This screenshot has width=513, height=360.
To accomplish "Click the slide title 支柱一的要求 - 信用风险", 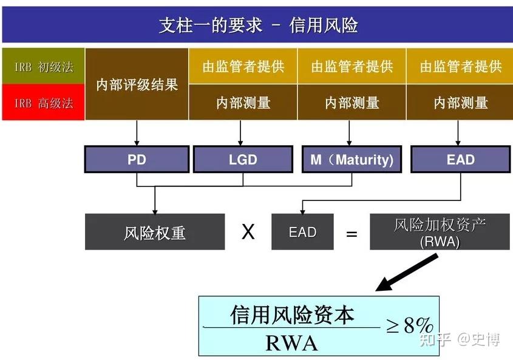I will (257, 25).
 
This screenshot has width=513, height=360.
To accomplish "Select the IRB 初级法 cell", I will (43, 67).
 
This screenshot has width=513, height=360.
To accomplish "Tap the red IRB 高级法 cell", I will (43, 103).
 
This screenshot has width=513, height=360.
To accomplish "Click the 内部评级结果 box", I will (137, 84).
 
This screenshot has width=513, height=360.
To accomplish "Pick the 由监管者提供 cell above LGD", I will (243, 66).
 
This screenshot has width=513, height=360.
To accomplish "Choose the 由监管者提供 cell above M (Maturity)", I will (352, 66).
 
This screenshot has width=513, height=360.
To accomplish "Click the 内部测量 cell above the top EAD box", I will (460, 103).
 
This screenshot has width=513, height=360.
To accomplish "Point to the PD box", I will (137, 160).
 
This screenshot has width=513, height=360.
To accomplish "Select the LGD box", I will (243, 160).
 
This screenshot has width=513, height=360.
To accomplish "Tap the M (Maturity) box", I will (352, 160).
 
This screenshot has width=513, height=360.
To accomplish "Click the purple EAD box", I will (460, 160).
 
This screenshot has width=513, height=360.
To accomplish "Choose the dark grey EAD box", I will (302, 232).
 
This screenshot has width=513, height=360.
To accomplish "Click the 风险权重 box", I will (155, 232).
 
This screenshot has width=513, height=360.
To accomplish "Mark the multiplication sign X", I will (248, 232).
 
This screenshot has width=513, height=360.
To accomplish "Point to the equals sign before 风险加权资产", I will (352, 233).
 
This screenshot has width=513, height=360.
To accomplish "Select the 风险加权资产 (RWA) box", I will (440, 232).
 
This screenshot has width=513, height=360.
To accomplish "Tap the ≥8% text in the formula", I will (409, 326).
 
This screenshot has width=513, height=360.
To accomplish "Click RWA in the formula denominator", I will (291, 343).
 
